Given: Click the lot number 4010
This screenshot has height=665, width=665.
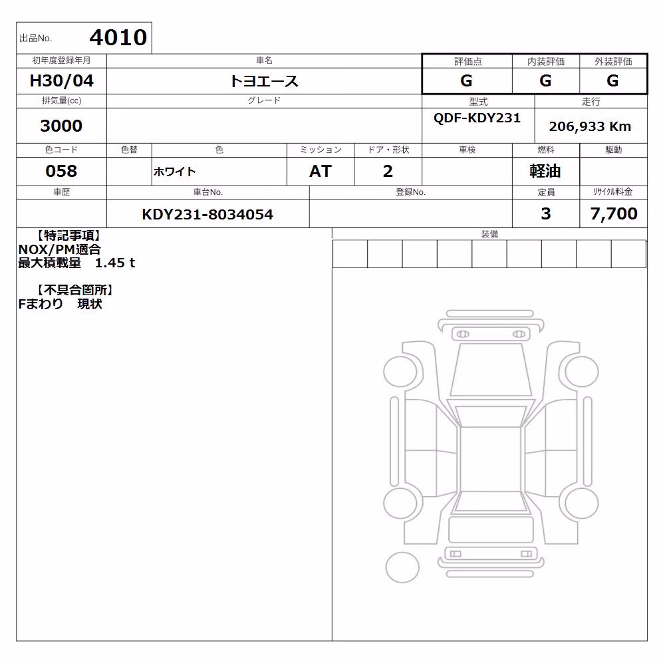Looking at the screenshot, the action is pyautogui.click(x=118, y=37).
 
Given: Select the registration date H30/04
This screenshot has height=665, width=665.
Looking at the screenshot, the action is pyautogui.click(x=61, y=80).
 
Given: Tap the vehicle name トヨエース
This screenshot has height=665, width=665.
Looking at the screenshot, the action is pyautogui.click(x=264, y=81).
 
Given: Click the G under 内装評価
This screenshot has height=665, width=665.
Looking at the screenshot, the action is pyautogui.click(x=545, y=80).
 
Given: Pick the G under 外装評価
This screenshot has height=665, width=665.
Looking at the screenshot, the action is pyautogui.click(x=612, y=80).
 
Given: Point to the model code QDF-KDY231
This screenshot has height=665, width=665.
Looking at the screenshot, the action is pyautogui.click(x=477, y=118).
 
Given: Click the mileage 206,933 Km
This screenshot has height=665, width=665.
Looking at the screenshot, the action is pyautogui.click(x=590, y=126).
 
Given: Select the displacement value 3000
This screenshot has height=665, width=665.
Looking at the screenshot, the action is pyautogui.click(x=61, y=126).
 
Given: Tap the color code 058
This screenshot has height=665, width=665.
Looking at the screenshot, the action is pyautogui.click(x=61, y=171).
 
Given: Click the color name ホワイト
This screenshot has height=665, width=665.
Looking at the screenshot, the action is pyautogui.click(x=175, y=172).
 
